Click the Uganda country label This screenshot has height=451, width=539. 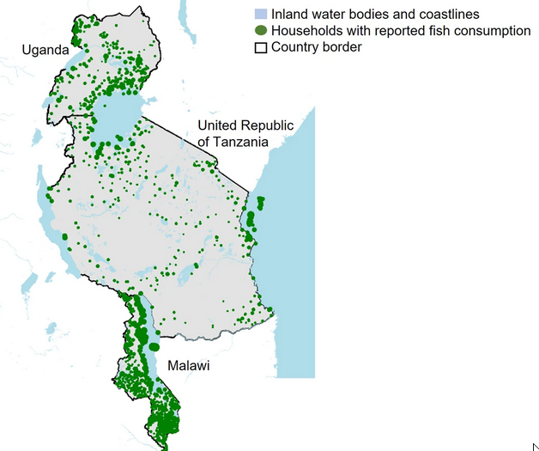(45, 51)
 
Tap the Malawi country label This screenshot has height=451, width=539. (188, 366)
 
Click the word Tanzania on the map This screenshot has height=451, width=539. (241, 141)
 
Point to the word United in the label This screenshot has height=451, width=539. (217, 125)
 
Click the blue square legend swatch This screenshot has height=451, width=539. (261, 15)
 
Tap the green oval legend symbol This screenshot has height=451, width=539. (261, 31)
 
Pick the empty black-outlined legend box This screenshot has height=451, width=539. (261, 47)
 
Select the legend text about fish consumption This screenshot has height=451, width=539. (400, 31)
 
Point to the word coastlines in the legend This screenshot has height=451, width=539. (449, 15)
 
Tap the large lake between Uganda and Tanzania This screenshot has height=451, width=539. (118, 116)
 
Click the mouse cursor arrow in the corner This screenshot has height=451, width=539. (536, 446)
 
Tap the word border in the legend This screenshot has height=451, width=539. (341, 47)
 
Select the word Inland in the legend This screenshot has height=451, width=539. (289, 15)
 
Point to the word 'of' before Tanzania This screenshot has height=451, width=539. (204, 141)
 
